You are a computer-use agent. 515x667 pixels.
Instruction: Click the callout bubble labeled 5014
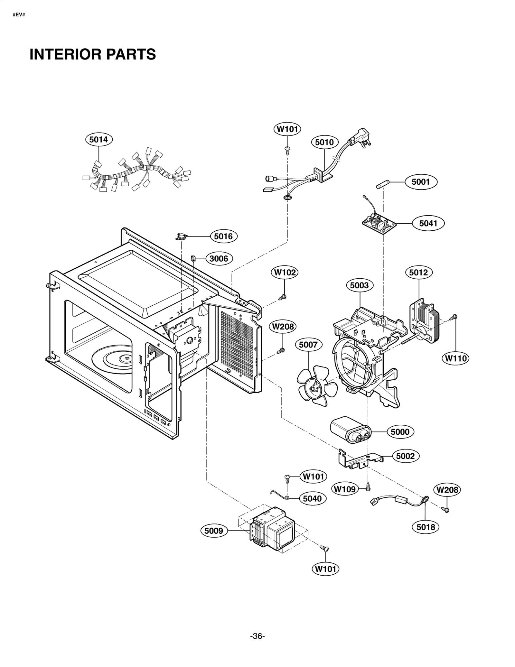(98, 139)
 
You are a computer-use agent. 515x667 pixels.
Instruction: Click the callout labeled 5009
(214, 530)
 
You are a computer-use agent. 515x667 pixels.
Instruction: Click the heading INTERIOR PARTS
(93, 54)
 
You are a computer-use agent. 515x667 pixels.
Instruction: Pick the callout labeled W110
(456, 358)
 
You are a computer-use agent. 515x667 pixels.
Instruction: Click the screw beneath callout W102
(283, 296)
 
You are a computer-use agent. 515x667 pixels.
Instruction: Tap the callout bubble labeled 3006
(219, 258)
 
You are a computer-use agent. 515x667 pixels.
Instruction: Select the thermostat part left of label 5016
(181, 237)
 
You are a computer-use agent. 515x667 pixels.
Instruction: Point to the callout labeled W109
(345, 489)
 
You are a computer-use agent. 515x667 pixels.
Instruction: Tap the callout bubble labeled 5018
(426, 527)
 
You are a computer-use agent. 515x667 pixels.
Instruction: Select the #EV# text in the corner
(19, 15)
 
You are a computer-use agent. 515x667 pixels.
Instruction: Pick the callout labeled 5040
(312, 498)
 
